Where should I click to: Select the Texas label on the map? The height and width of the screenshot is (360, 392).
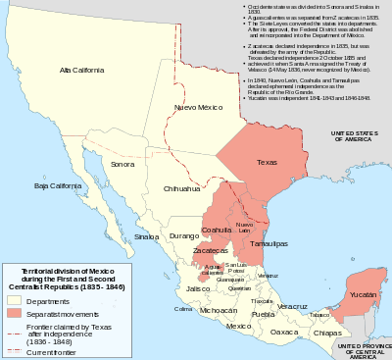tap(266, 161)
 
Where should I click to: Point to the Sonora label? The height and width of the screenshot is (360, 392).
tap(123, 165)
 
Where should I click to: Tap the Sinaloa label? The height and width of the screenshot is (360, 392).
tap(146, 236)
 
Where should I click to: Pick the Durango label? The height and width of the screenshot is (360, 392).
tap(183, 236)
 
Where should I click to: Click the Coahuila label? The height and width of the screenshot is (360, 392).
tap(216, 230)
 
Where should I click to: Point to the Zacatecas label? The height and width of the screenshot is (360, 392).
tap(210, 250)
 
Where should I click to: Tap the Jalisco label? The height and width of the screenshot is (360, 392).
tap(199, 288)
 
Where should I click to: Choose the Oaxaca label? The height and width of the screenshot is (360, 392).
tap(284, 332)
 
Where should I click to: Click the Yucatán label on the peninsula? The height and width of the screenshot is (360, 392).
tap(363, 293)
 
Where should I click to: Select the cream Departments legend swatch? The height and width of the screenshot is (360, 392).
tap(15, 300)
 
